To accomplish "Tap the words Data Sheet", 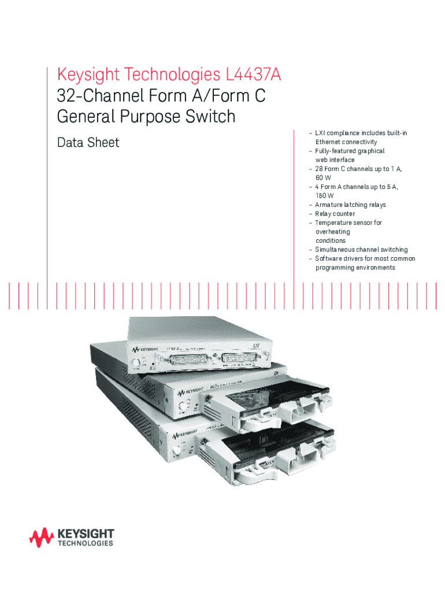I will [88, 142].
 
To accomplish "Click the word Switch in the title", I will [208, 116].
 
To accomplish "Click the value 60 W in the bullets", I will [323, 177].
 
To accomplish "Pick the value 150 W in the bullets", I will [325, 195].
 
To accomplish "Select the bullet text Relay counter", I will [335, 214].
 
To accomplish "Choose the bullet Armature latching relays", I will [350, 205].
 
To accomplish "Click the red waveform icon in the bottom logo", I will [42, 538].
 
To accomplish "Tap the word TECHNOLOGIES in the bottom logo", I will [86, 544].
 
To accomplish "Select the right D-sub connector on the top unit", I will [239, 358].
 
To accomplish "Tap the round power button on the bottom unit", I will [177, 449].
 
